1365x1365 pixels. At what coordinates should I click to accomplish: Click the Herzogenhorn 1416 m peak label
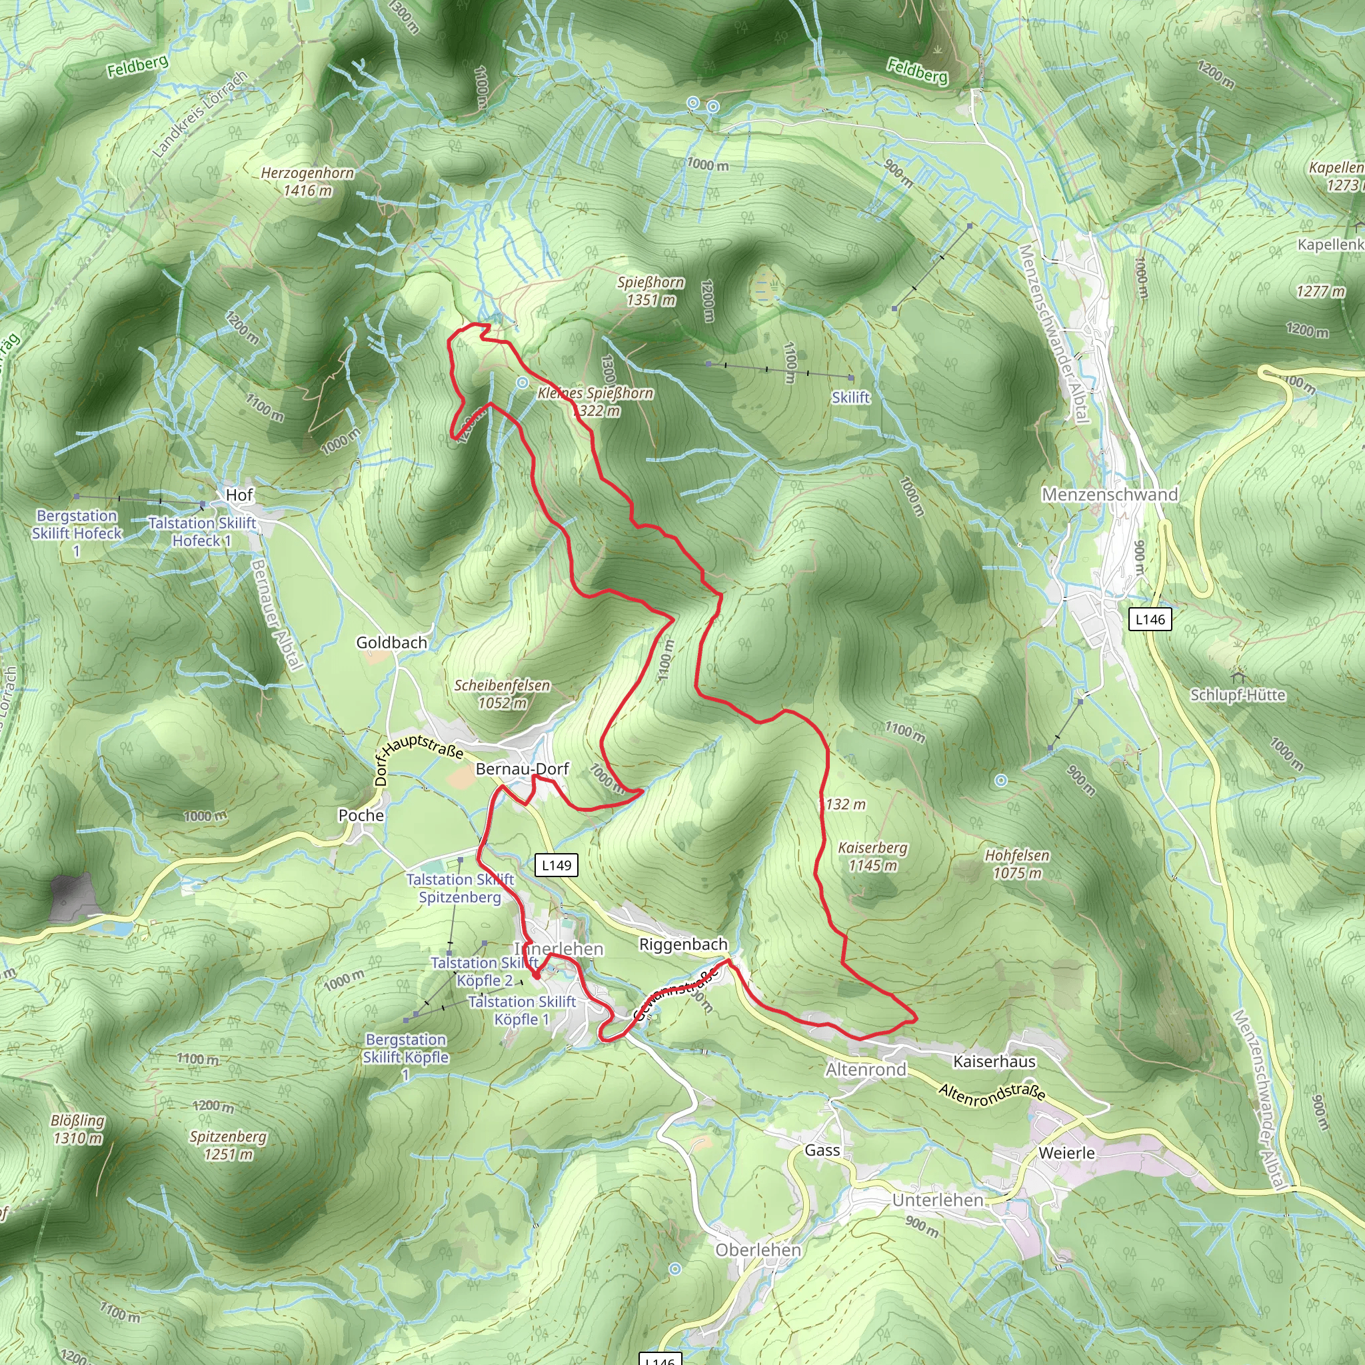307,181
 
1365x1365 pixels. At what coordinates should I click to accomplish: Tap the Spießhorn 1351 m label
651,291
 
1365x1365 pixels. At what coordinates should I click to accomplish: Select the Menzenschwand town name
1110,495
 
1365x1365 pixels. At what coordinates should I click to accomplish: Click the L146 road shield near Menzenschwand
1150,620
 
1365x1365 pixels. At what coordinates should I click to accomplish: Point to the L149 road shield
557,864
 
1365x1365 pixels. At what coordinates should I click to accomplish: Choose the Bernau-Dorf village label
522,768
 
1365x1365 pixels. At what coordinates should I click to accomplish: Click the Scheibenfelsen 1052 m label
502,694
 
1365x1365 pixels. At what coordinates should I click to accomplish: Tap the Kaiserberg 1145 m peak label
872,856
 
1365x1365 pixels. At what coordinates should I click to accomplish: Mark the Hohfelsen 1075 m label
1016,864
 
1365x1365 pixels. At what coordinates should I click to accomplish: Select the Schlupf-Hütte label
1238,694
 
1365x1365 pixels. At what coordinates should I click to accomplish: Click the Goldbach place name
391,643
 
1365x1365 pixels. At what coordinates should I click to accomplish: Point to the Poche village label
361,815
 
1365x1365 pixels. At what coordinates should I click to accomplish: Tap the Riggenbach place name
682,944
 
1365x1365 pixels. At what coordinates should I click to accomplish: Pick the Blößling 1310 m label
78,1129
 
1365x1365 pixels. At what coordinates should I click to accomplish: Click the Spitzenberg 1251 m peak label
227,1145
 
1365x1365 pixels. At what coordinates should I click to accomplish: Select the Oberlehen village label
758,1250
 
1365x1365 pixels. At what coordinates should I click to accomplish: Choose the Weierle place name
1066,1153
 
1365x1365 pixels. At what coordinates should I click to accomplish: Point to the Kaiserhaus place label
994,1061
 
